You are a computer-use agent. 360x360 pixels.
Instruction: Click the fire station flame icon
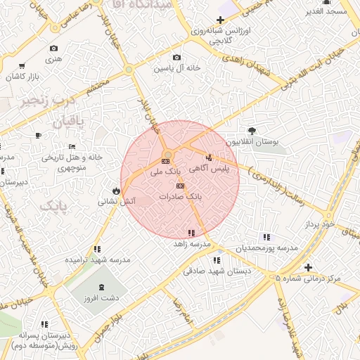pos(115,191)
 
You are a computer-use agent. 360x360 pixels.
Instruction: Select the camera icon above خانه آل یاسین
pos(176,58)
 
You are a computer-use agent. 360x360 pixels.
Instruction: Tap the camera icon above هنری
pos(54,49)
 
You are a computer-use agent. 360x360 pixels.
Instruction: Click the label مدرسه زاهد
pos(193,244)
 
